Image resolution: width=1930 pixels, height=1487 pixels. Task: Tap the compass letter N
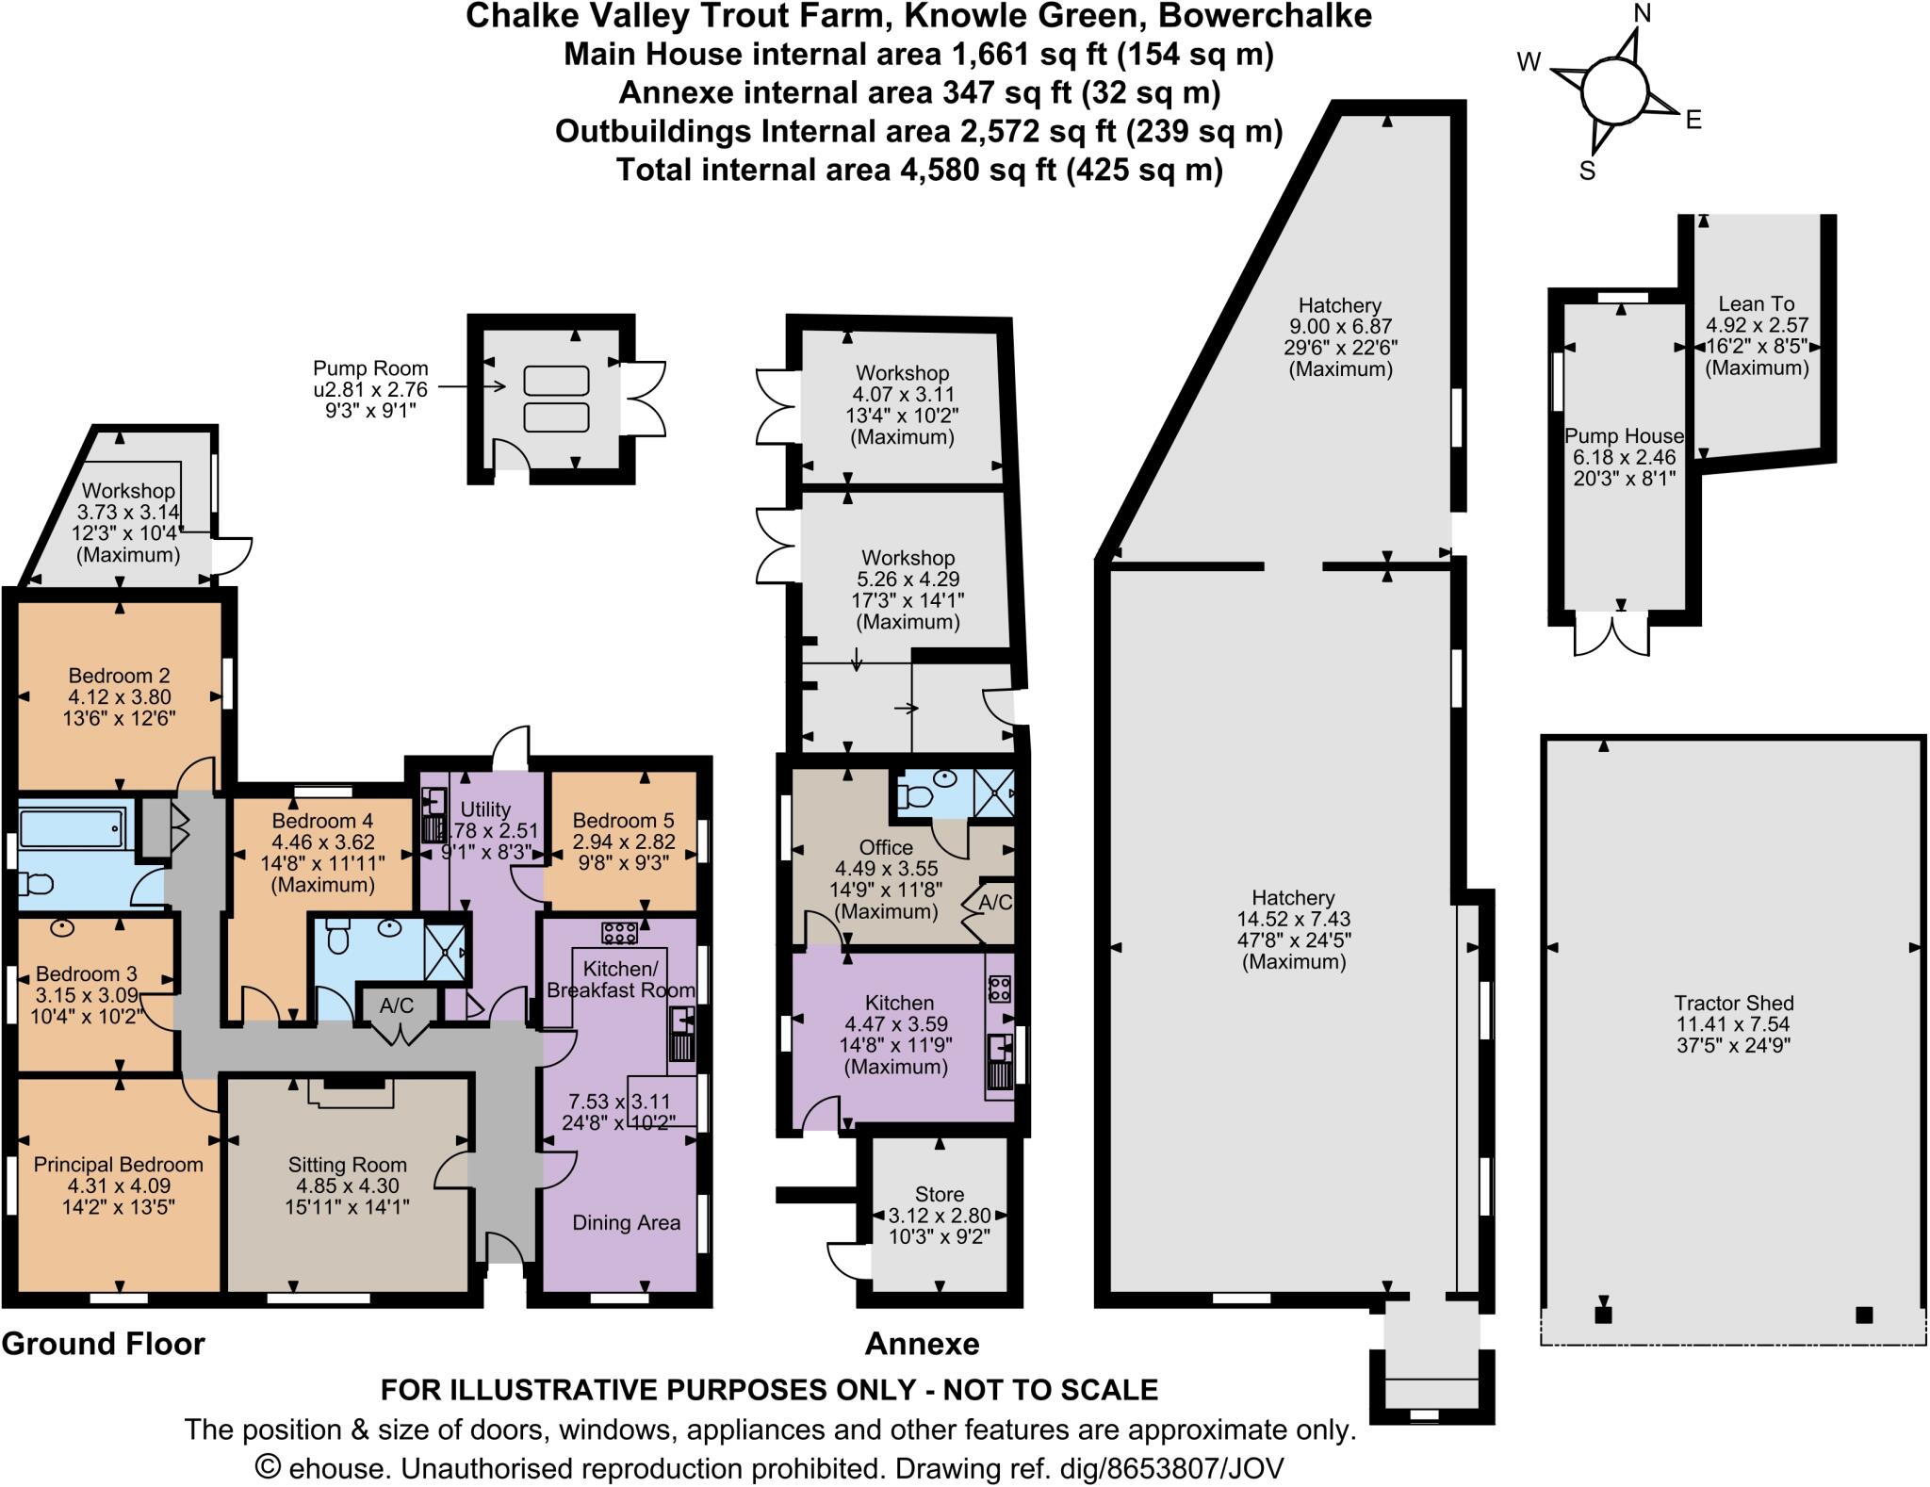[x=1643, y=12]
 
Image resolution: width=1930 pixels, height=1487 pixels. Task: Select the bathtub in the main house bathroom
[x=72, y=827]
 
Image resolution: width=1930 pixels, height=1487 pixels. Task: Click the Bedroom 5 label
[x=623, y=820]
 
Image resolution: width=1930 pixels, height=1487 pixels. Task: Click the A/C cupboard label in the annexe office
[x=995, y=902]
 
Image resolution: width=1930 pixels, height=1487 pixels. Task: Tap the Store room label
[x=940, y=1194]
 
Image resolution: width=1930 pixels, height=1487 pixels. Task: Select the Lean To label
[x=1757, y=303]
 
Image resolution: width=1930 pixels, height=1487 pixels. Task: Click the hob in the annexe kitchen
[x=999, y=989]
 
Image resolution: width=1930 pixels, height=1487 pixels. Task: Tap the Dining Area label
[x=627, y=1222]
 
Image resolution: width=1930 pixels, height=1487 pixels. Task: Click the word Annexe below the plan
[x=922, y=1344]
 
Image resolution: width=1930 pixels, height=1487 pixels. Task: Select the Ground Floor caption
[x=103, y=1344]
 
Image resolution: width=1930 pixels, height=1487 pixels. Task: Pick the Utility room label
[x=485, y=809]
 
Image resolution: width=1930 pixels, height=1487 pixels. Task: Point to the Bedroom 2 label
[x=119, y=676]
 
